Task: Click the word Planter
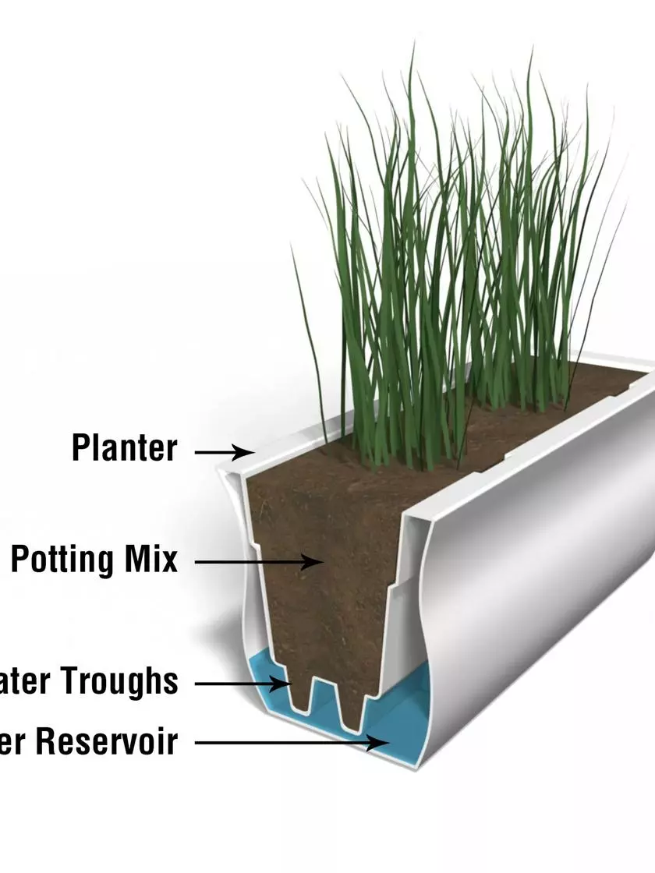[125, 448]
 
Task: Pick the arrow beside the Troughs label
[242, 684]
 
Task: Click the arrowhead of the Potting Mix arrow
[319, 560]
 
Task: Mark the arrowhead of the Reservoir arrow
[385, 743]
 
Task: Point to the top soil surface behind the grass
[561, 390]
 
